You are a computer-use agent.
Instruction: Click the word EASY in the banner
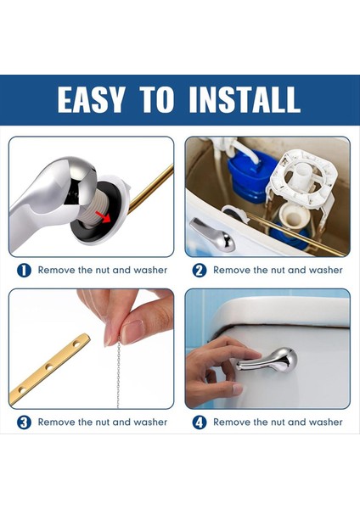(x=91, y=99)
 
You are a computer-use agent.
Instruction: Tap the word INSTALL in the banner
(x=244, y=99)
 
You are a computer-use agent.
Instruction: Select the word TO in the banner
(x=156, y=99)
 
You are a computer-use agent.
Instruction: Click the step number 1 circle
(x=24, y=271)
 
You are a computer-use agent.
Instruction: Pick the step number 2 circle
(x=200, y=271)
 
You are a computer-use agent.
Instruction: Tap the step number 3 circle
(x=24, y=422)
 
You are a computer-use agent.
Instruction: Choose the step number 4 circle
(x=200, y=422)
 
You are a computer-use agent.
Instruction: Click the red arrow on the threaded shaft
(x=103, y=216)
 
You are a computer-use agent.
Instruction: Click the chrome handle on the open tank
(x=212, y=235)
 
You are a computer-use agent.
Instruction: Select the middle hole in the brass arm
(x=48, y=367)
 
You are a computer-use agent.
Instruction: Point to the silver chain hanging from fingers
(x=118, y=372)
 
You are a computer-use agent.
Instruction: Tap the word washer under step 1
(x=150, y=270)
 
